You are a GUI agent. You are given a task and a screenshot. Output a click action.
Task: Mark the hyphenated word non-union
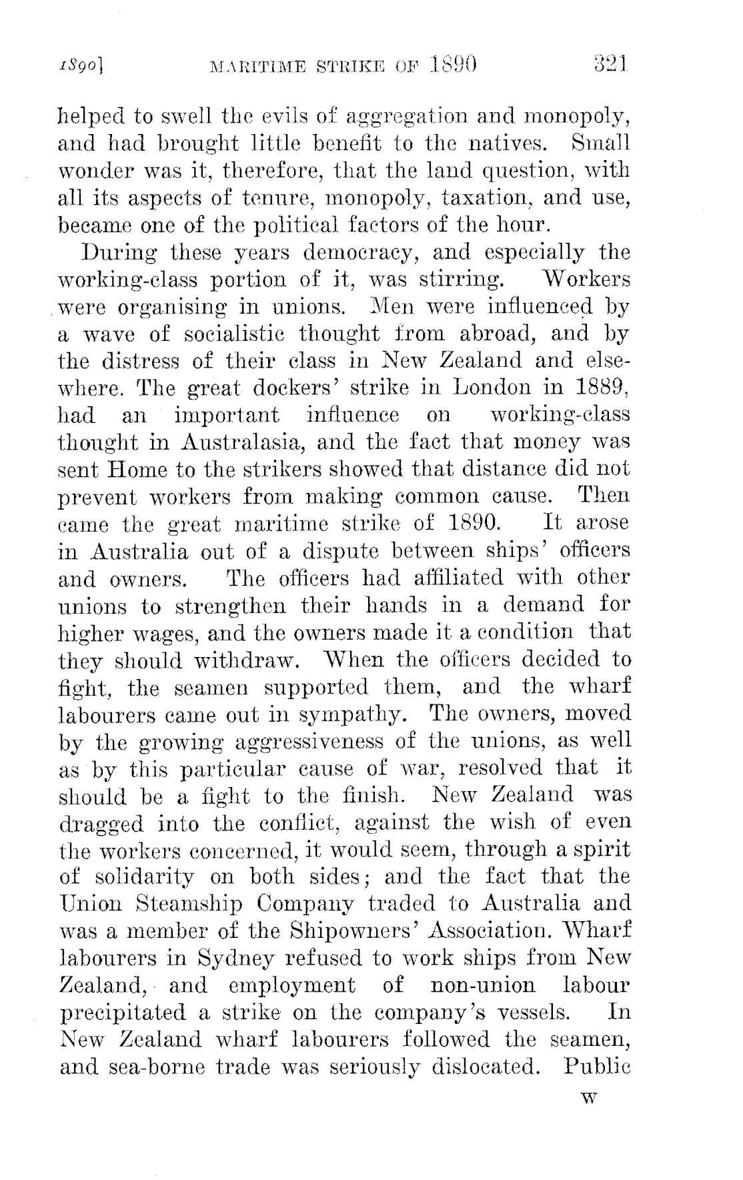pyautogui.click(x=483, y=985)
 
